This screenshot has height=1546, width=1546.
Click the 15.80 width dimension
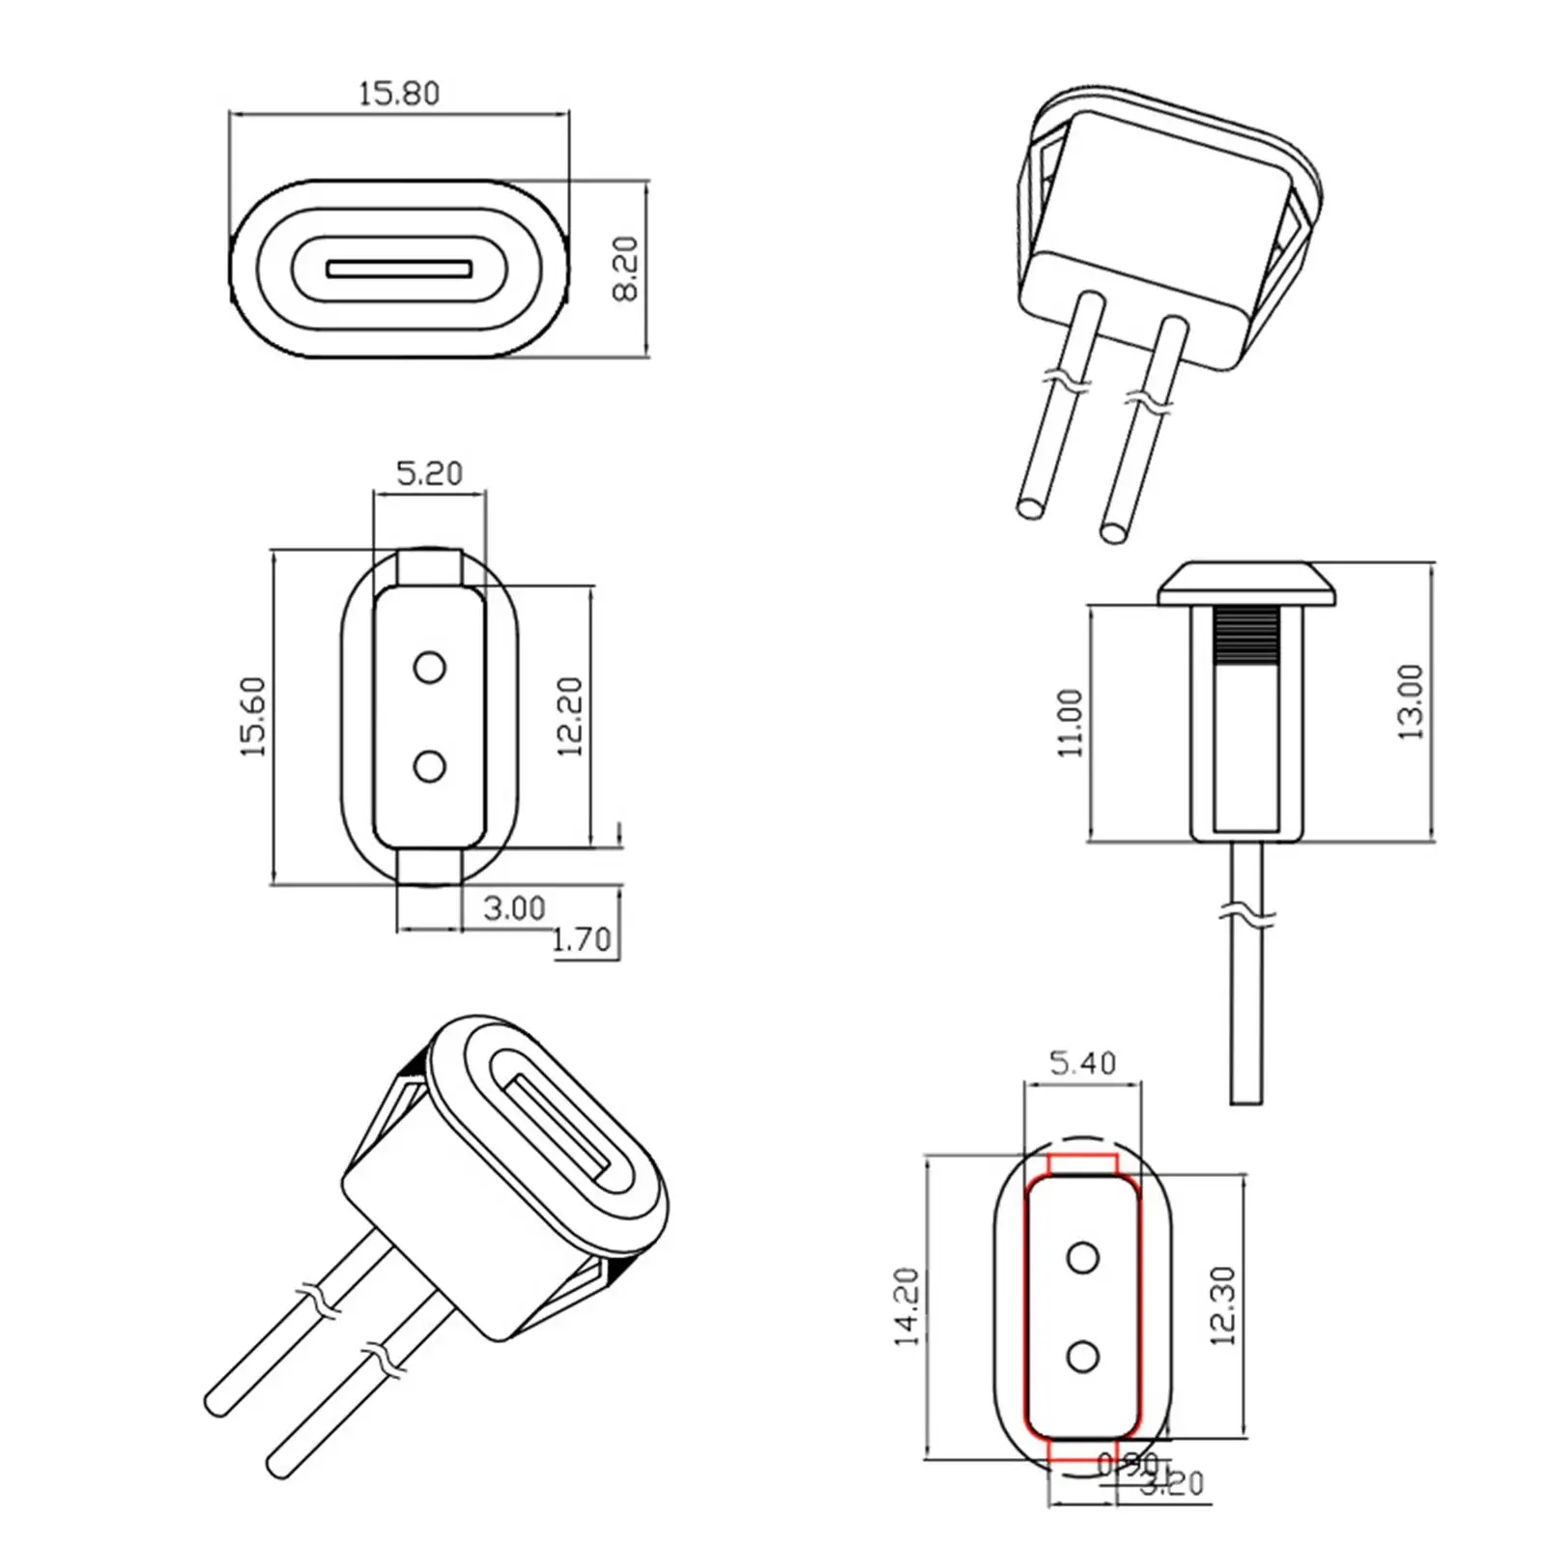point(398,94)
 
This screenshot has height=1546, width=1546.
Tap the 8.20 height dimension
point(627,269)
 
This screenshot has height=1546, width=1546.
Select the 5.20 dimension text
point(429,473)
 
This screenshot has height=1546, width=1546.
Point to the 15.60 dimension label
point(253,717)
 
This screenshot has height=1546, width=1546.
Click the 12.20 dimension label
point(570,717)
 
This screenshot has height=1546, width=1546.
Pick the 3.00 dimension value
point(514,908)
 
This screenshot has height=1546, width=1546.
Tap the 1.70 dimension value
point(582,939)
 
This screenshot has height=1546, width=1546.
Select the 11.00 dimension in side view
point(1071,723)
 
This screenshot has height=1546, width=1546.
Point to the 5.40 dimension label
point(1082,1064)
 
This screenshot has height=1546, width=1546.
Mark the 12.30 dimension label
point(1222,1306)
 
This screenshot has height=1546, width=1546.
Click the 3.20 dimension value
point(1172,1510)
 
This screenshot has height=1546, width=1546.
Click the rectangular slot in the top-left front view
point(399,269)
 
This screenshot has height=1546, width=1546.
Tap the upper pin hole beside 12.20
point(429,668)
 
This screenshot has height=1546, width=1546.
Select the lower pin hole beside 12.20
point(429,767)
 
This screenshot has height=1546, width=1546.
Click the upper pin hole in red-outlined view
point(1082,1258)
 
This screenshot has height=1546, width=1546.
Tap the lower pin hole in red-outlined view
point(1082,1357)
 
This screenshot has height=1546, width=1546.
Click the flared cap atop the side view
point(1246,584)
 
